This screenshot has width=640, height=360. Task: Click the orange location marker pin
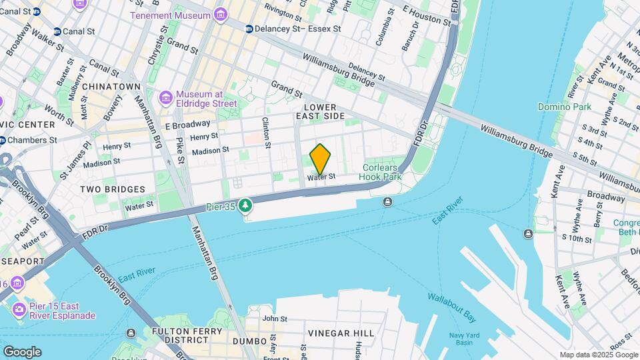[x=320, y=159]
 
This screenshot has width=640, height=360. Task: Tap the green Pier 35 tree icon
[x=247, y=205]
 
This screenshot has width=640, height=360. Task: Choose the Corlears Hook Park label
[x=381, y=172]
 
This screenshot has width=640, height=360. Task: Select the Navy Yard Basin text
[x=465, y=339]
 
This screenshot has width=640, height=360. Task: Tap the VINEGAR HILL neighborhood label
[x=338, y=333]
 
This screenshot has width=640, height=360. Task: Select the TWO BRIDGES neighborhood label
[x=108, y=189]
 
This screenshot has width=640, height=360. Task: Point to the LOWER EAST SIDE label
[x=324, y=111]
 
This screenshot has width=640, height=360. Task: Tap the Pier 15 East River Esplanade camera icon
[x=19, y=310]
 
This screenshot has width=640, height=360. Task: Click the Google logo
[x=22, y=351]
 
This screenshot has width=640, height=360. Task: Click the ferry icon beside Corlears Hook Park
[x=388, y=202]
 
